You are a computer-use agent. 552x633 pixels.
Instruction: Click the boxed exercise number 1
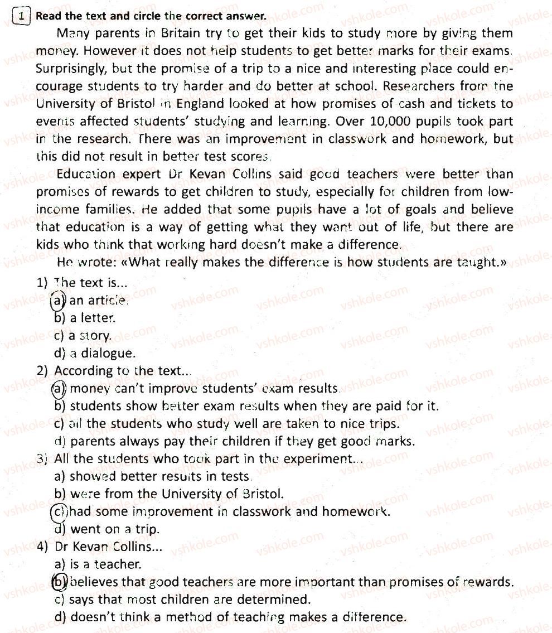click(x=20, y=17)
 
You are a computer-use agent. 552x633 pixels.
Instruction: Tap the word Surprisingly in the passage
click(x=70, y=69)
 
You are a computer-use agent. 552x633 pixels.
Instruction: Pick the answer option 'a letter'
click(x=92, y=318)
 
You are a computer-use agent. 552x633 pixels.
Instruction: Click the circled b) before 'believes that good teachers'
click(x=59, y=582)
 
